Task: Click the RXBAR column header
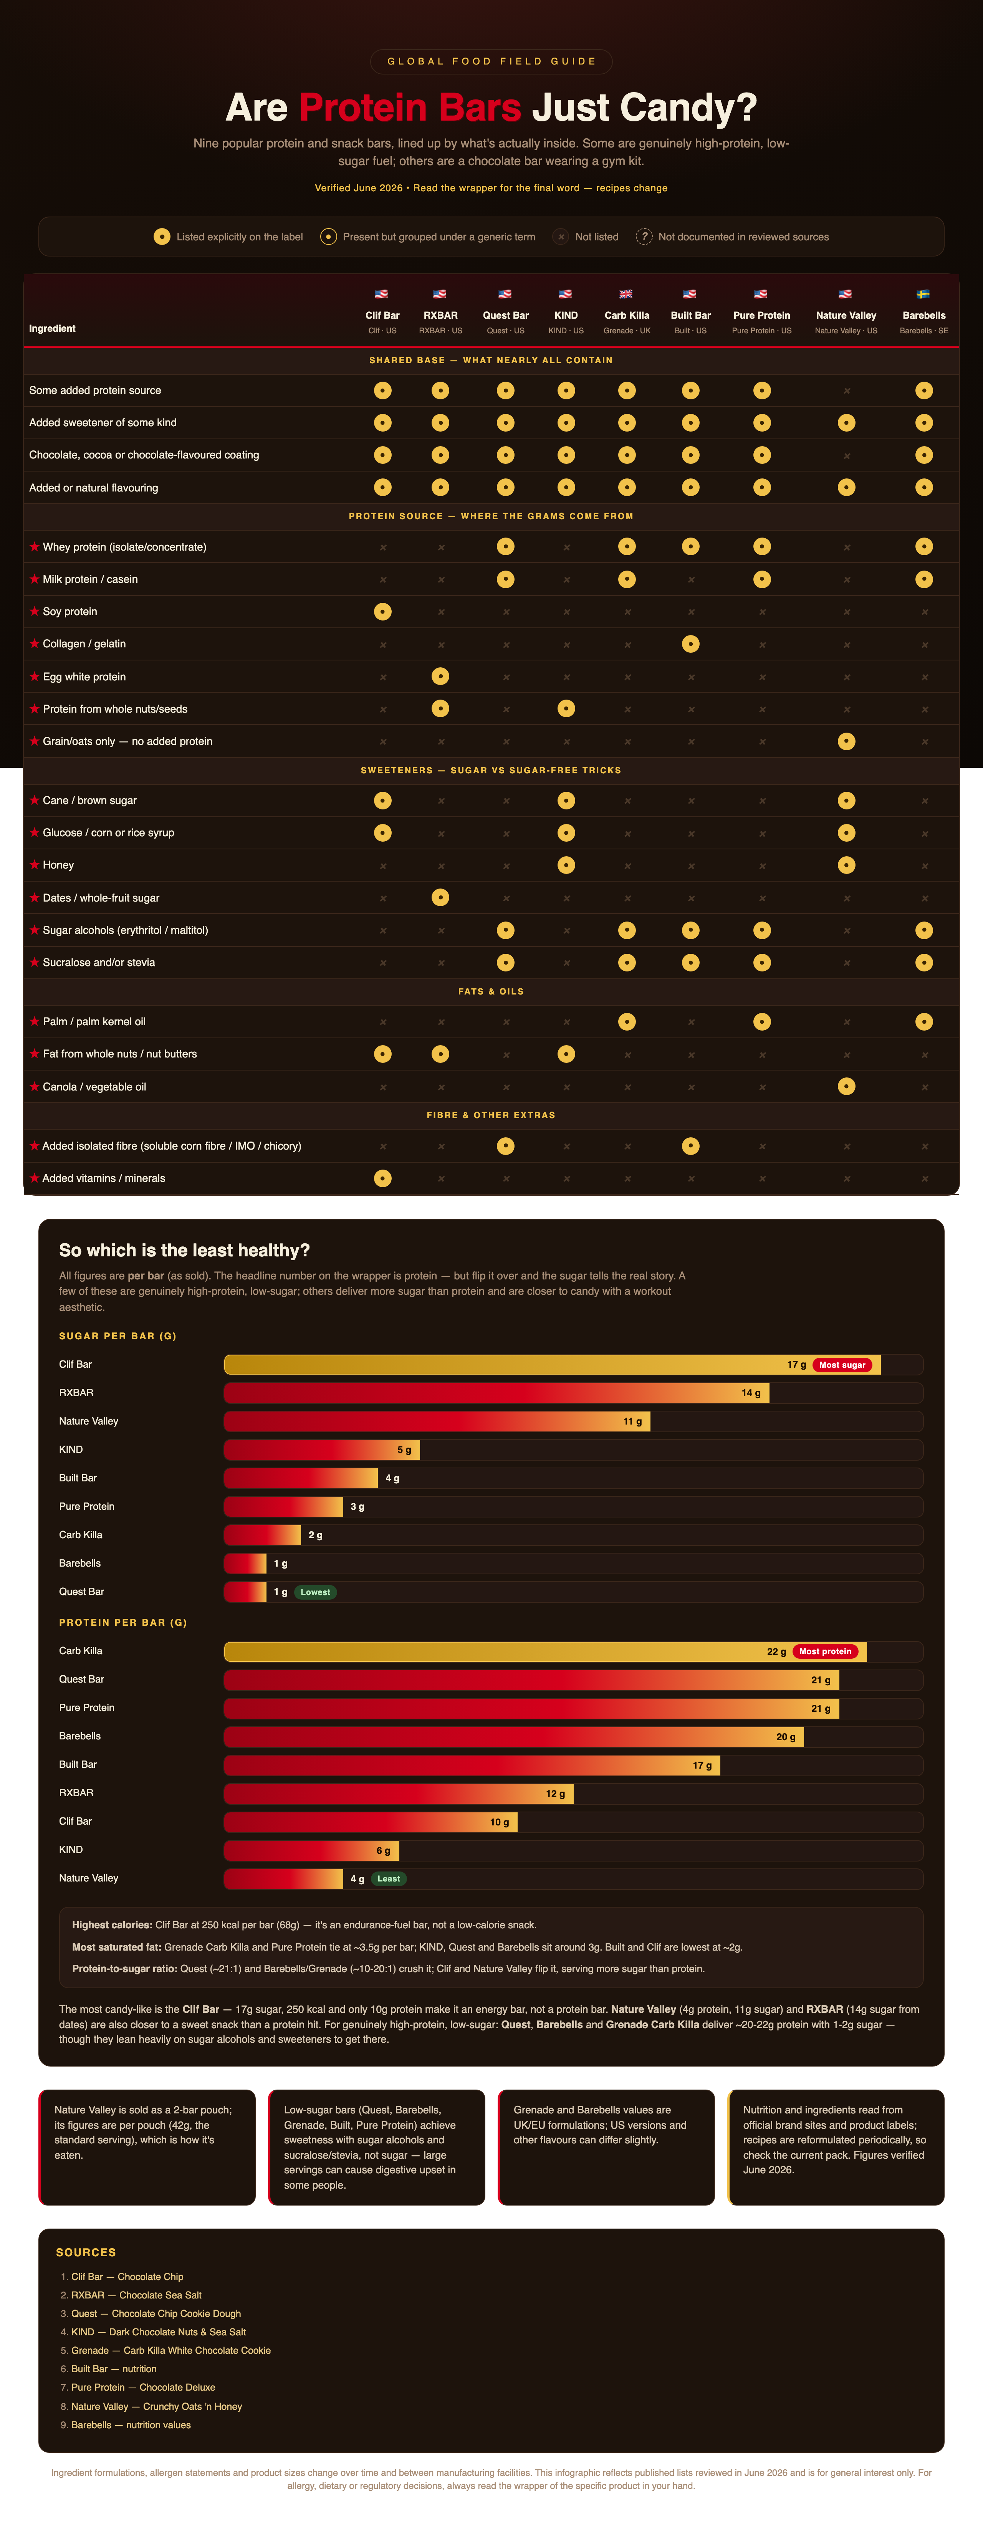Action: click(441, 316)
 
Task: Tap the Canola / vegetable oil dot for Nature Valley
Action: click(846, 1086)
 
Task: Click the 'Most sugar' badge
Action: click(842, 1365)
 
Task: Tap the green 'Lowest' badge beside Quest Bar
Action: click(315, 1592)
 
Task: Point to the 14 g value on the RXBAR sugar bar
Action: click(752, 1393)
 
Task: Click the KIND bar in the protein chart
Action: click(312, 1851)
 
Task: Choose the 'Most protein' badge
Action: click(826, 1651)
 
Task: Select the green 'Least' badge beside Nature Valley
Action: click(389, 1879)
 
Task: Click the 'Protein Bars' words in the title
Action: click(410, 107)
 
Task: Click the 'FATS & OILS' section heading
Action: click(491, 992)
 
